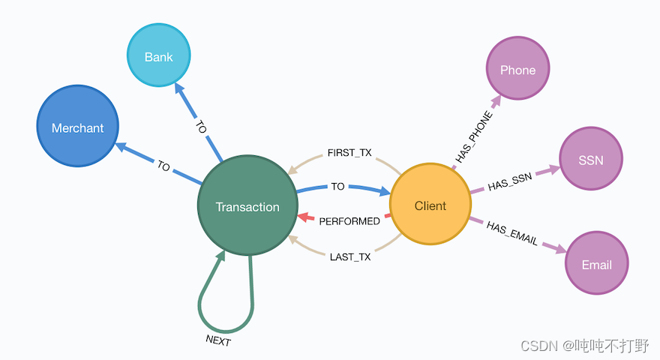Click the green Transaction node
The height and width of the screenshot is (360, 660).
247,207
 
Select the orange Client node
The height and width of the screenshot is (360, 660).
430,205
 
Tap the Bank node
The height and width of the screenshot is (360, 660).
158,57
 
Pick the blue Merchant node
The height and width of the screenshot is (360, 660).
77,127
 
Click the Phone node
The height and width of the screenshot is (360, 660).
517,70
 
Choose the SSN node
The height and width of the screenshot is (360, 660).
590,160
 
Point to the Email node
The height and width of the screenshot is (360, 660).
596,265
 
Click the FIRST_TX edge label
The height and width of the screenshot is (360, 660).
349,153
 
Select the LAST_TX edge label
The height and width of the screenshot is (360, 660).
349,257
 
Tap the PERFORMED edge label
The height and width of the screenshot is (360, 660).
349,221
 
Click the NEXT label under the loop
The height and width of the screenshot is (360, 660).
218,340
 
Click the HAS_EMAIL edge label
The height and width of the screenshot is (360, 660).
511,232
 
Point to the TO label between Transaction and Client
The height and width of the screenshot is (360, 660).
337,187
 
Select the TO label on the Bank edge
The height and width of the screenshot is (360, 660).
200,127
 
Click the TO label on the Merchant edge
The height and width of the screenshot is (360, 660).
163,166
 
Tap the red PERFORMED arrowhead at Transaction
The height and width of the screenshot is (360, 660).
303,217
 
